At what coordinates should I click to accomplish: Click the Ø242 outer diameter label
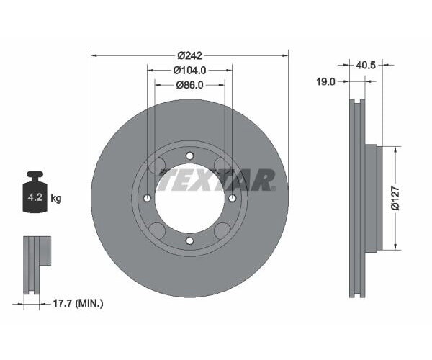tap(189, 55)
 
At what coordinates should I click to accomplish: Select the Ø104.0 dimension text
tap(189, 70)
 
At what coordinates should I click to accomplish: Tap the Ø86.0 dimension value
tap(189, 84)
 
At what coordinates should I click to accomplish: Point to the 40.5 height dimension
tap(366, 65)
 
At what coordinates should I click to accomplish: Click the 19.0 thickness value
tap(326, 82)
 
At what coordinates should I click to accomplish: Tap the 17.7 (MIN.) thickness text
tap(80, 304)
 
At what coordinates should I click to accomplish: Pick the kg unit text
tap(55, 199)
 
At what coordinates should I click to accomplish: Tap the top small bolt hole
tap(189, 156)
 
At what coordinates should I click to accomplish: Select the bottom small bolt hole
tap(189, 240)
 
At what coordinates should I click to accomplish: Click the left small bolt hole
tap(148, 198)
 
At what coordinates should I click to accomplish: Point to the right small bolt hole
tap(232, 198)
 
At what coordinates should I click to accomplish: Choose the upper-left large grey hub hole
tap(157, 166)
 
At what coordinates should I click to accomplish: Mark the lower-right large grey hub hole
tap(222, 230)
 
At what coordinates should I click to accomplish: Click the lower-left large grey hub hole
tap(157, 230)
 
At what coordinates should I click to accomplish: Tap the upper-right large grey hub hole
tap(222, 166)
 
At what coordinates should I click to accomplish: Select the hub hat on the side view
tap(372, 198)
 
